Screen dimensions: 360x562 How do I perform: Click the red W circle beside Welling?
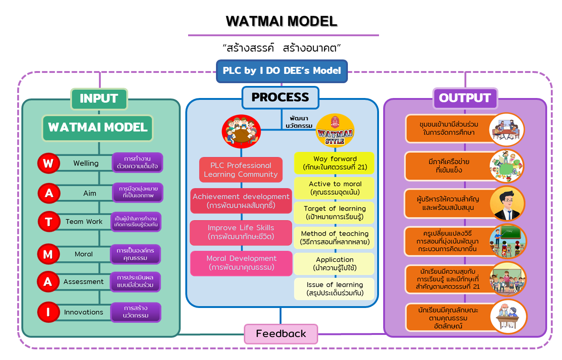tap(48, 163)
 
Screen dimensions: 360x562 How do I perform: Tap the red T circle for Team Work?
tap(48, 222)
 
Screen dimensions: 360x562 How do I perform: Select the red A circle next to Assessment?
tap(48, 281)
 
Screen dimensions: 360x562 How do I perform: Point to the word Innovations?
tap(84, 312)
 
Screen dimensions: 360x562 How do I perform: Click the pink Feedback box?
tap(281, 334)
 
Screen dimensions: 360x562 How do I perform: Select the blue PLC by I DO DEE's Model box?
tap(282, 71)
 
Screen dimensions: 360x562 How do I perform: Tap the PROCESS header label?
tap(280, 98)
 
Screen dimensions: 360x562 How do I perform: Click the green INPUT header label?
tap(99, 98)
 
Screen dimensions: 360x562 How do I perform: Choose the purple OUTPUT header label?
tap(464, 98)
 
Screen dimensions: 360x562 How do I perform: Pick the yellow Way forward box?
tap(334, 163)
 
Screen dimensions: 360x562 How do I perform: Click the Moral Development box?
tap(242, 262)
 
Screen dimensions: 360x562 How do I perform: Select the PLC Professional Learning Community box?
tap(241, 170)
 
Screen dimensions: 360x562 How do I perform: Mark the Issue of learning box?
tap(334, 289)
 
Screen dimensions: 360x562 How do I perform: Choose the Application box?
tap(334, 264)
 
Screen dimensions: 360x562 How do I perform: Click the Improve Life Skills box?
tap(241, 232)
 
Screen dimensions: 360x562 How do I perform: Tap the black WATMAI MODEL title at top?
tap(281, 21)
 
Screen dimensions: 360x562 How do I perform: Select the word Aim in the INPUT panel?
tap(90, 193)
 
